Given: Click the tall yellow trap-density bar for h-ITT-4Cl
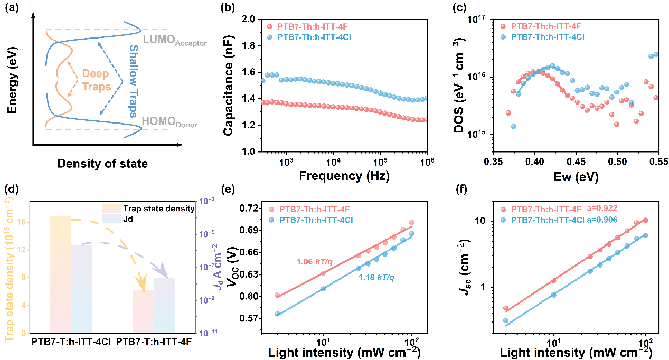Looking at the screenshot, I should point(60,274).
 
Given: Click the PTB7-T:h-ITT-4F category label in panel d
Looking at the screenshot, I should point(154,342).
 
